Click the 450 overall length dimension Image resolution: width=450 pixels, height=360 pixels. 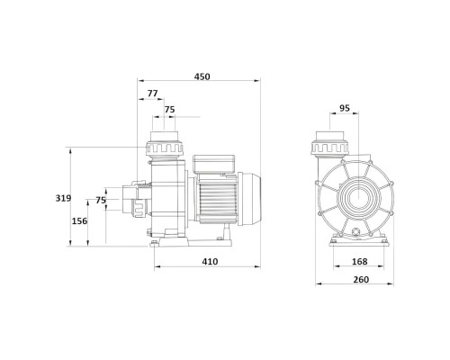202,76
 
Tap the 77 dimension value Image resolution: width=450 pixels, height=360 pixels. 152,94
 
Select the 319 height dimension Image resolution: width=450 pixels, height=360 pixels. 63,198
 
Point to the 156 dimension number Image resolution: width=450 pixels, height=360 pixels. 79,221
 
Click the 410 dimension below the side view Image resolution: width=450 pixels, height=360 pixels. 210,262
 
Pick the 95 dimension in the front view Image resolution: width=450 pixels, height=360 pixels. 345,108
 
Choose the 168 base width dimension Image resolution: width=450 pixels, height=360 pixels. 359,262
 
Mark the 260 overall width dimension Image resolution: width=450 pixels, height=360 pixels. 361,280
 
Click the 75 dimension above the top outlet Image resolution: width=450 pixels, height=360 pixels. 169,110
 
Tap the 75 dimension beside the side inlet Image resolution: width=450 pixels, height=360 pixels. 101,200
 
